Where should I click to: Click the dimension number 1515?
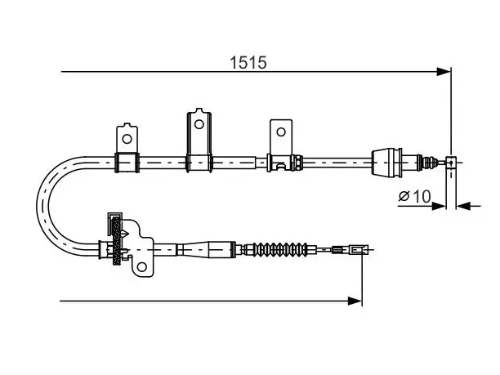[248, 62]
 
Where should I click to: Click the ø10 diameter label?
[414, 196]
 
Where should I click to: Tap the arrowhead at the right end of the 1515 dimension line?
[444, 72]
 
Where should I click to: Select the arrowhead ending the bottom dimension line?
[355, 301]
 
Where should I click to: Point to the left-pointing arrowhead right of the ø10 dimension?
[464, 206]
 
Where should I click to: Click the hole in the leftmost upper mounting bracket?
[127, 139]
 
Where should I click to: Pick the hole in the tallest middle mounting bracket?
[199, 124]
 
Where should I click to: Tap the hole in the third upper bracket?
[281, 132]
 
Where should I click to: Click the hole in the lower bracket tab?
[142, 266]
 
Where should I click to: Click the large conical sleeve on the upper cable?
[386, 162]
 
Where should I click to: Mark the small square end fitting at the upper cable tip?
[451, 163]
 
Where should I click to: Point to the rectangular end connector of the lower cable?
[359, 249]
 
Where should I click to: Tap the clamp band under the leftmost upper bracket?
[127, 163]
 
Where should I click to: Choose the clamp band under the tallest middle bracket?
[199, 163]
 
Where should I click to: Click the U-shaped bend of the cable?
[43, 207]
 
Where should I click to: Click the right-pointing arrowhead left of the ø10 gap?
[439, 206]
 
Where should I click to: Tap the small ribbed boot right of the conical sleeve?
[430, 162]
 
